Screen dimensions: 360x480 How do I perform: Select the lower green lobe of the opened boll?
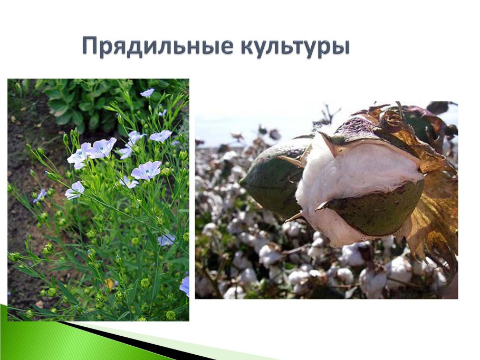[x=380, y=208]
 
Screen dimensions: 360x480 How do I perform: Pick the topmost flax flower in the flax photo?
[x=147, y=93]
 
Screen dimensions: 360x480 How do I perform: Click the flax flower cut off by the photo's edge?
[x=185, y=285]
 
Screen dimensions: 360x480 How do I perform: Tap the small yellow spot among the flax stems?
[x=110, y=284]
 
